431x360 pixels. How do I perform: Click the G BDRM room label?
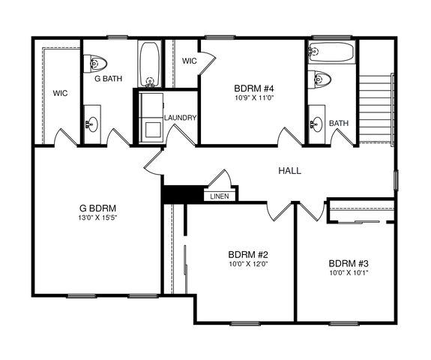97,208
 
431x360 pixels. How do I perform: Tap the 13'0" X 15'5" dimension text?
97,217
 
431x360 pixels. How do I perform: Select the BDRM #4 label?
254,88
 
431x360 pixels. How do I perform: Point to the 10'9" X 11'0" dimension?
254,98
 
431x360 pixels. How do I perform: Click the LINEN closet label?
220,196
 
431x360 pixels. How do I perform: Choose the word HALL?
290,171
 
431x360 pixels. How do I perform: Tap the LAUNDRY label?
181,118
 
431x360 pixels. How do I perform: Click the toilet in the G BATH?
95,64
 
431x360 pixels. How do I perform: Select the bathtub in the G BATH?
149,64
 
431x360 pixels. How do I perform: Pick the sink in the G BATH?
92,124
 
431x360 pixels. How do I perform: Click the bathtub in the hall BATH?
331,52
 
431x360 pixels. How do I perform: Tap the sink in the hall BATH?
316,124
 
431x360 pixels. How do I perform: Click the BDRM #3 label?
349,263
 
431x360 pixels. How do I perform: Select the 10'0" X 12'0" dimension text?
249,264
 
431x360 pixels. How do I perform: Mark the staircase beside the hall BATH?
376,109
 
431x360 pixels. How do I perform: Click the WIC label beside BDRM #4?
190,61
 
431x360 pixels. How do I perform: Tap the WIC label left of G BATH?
60,93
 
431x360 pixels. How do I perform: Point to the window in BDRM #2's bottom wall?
245,323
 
